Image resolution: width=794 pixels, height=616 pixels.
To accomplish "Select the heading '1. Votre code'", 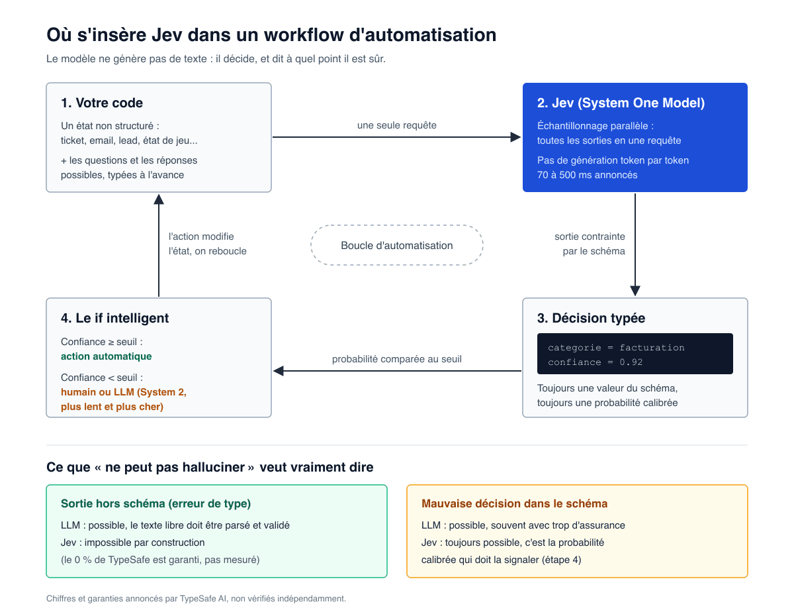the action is [102, 103].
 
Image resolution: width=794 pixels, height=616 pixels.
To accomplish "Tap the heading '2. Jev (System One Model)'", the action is [621, 103].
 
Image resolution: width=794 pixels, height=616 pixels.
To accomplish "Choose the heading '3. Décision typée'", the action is [591, 318].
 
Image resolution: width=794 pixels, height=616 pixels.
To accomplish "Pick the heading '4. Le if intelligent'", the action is [114, 318].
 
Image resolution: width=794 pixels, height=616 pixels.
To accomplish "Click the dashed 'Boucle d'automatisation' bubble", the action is [397, 225].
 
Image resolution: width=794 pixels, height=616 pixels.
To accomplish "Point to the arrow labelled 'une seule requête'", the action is [397, 137].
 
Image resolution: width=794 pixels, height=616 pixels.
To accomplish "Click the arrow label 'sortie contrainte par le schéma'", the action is [590, 244].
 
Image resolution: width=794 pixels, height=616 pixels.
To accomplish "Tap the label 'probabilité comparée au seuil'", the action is [397, 359].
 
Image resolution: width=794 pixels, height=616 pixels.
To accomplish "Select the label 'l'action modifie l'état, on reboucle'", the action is [207, 244].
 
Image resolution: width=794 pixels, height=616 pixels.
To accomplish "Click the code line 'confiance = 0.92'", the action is [595, 362].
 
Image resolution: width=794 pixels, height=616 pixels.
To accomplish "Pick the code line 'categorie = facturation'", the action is [616, 348].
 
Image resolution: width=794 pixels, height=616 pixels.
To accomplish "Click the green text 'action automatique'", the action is [106, 356].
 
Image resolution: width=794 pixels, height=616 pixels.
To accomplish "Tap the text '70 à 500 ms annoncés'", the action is [587, 175].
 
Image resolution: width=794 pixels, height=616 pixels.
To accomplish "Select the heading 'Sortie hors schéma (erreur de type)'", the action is [155, 503].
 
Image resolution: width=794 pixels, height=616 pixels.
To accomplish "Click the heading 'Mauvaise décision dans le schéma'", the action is [514, 503].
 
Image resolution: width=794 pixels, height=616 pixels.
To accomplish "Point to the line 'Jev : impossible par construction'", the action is [132, 542].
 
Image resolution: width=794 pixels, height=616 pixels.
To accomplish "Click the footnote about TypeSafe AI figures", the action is [196, 598].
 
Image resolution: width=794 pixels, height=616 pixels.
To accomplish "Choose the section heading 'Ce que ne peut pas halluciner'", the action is [210, 467].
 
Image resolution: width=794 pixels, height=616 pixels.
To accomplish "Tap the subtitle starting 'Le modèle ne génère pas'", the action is [216, 59].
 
